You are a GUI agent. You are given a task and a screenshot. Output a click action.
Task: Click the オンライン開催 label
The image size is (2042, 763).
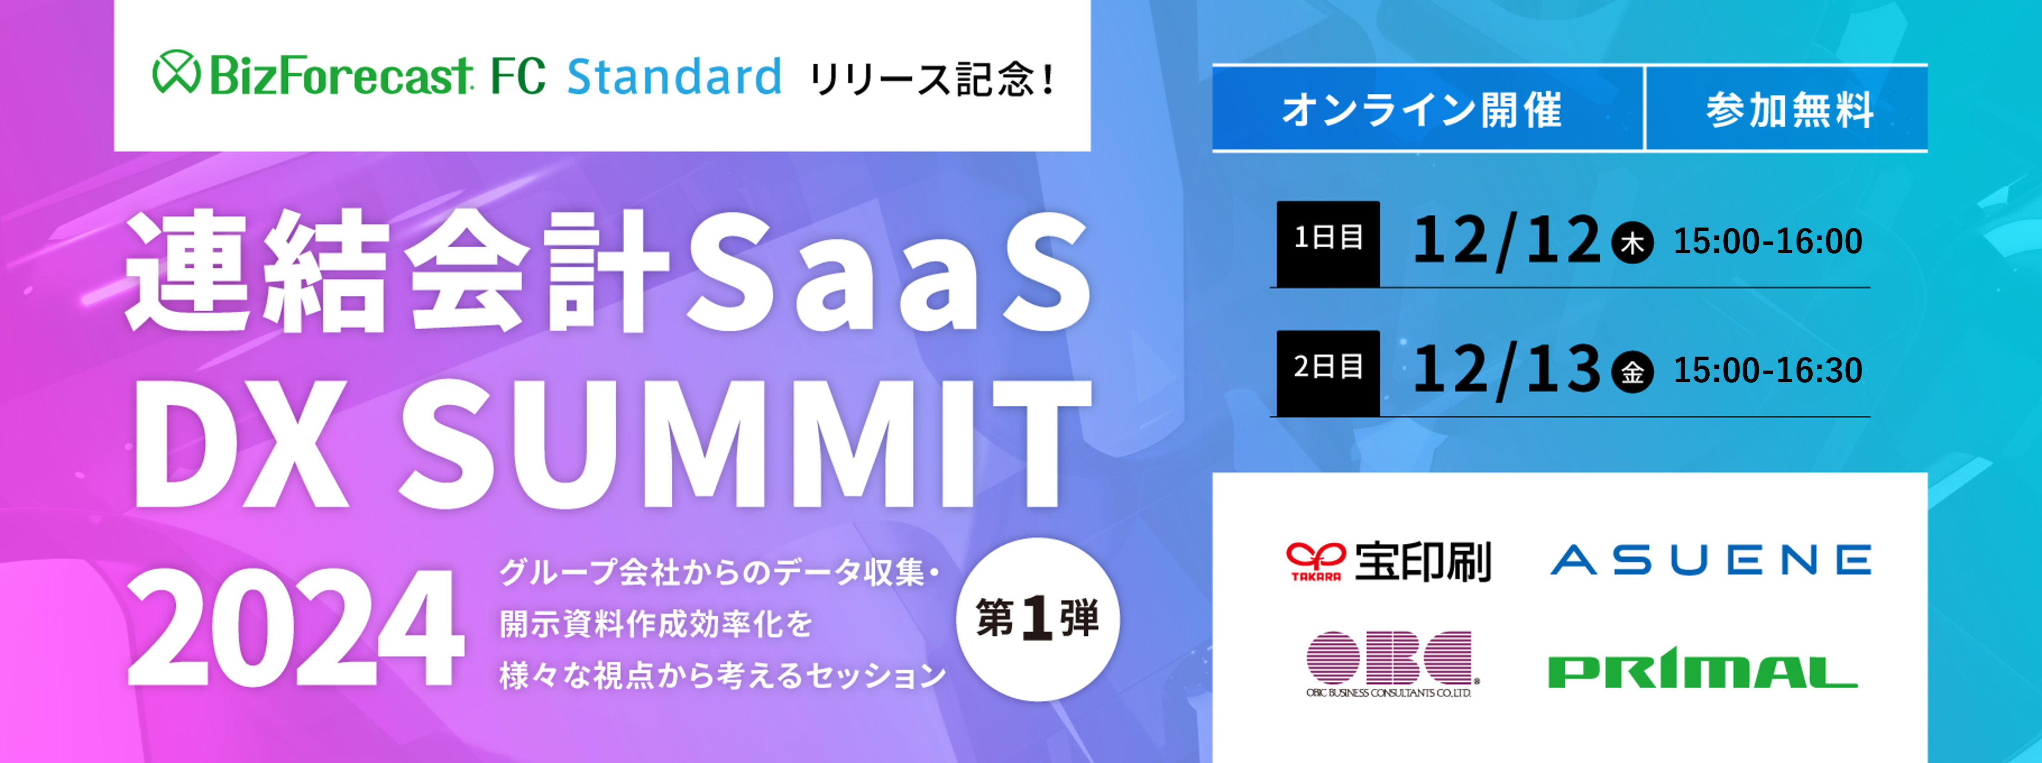point(1422,110)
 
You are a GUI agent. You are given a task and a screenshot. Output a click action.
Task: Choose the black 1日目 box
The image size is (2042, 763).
point(1328,243)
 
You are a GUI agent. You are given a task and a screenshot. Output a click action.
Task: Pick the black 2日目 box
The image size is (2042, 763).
point(1328,373)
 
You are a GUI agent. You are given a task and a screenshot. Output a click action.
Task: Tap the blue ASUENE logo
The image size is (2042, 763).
point(1711,560)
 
